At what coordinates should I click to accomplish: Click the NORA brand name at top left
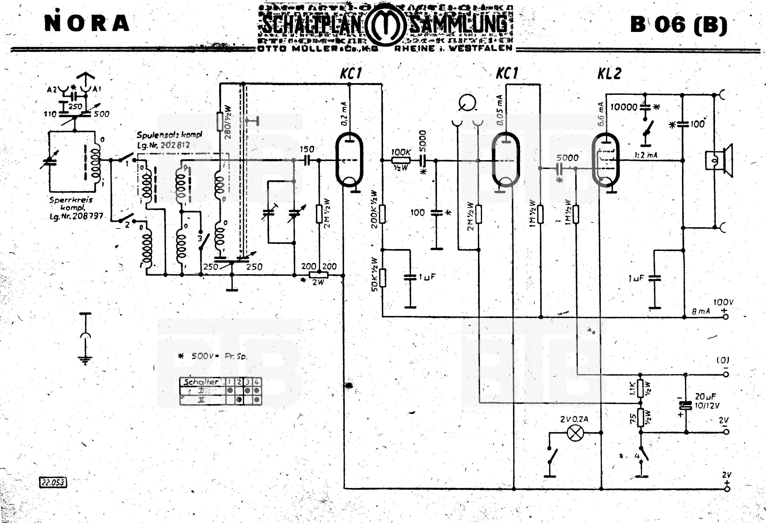tap(87, 23)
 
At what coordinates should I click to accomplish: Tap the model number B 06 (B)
tap(678, 25)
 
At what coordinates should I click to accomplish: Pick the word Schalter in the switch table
tap(201, 382)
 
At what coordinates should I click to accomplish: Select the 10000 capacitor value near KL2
tap(624, 107)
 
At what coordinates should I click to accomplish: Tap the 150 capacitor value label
tap(307, 149)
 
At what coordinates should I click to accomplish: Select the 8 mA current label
tap(701, 311)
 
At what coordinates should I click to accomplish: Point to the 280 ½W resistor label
tap(228, 122)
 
